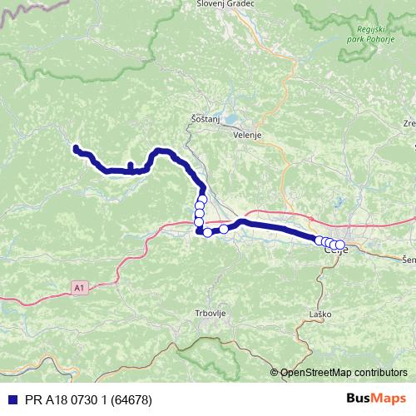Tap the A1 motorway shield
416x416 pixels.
79,287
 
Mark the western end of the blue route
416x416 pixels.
76,148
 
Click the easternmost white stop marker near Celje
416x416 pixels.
340,245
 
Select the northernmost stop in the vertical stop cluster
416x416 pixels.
201,200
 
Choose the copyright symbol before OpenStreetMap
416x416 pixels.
275,373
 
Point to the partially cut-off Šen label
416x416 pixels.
409,260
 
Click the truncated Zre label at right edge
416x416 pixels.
409,123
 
